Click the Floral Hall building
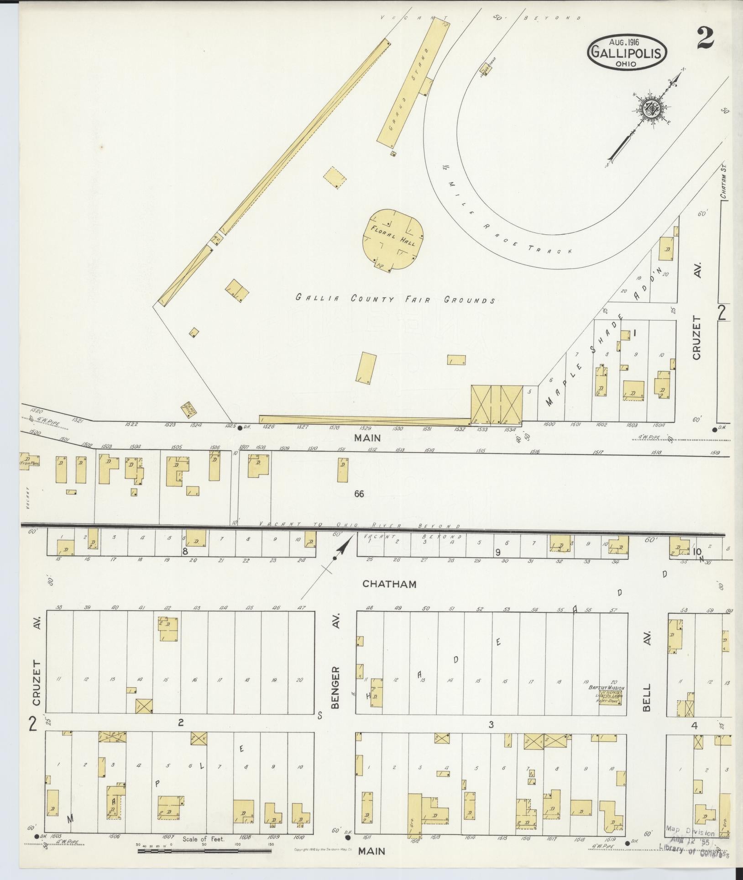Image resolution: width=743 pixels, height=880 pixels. pyautogui.click(x=393, y=238)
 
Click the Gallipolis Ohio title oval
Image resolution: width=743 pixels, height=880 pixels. pyautogui.click(x=627, y=52)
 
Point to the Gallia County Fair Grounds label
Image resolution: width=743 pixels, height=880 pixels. pyautogui.click(x=395, y=300)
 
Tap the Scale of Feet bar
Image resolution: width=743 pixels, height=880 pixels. pyautogui.click(x=204, y=850)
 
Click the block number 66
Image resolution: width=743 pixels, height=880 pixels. pyautogui.click(x=359, y=494)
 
